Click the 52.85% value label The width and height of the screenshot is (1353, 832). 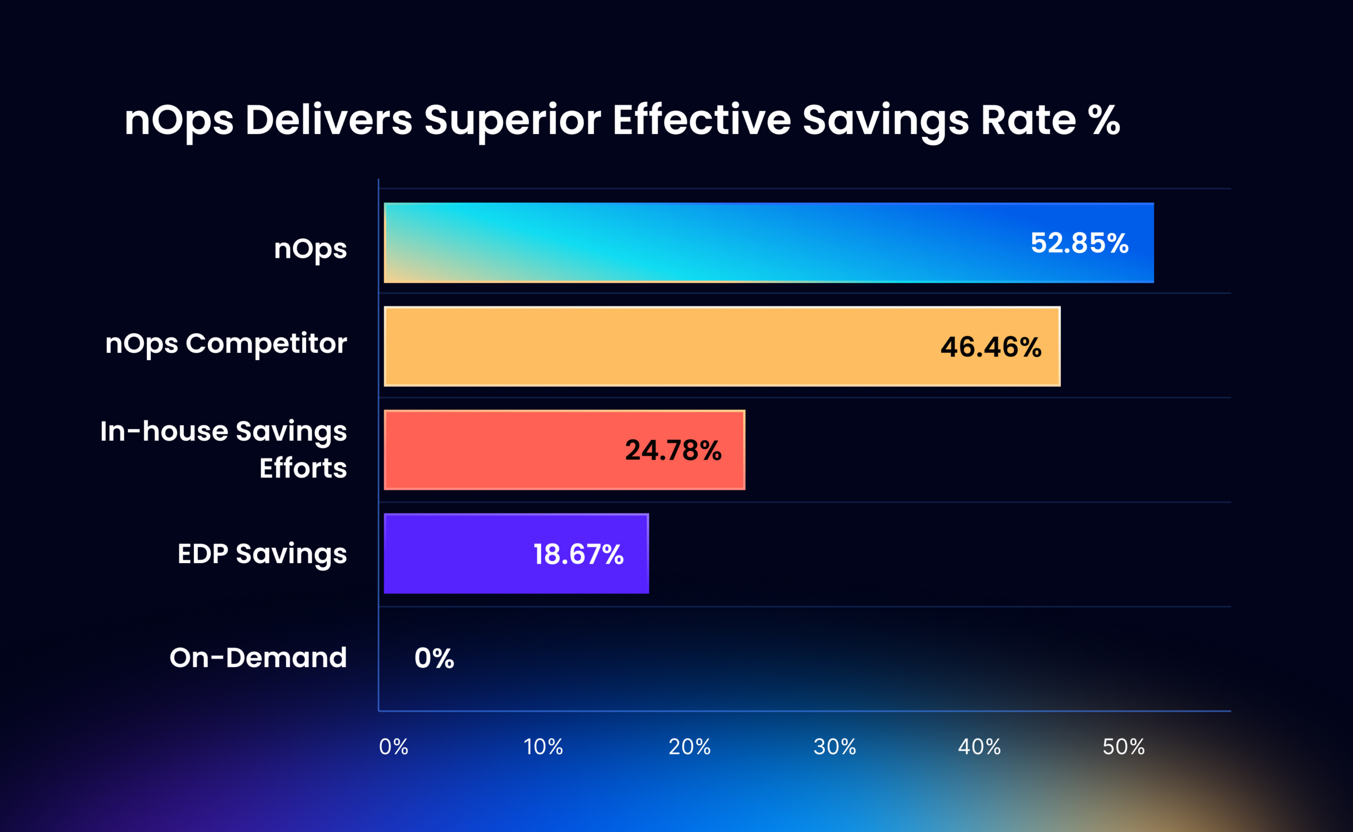[x=1079, y=243]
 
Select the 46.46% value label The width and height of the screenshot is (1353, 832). [x=991, y=347]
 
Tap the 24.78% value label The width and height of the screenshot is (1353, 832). [x=673, y=451]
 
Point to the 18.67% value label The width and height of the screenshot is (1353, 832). [x=578, y=554]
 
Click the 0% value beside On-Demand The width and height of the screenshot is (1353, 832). [x=434, y=658]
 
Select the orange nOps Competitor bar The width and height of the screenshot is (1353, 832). [x=661, y=347]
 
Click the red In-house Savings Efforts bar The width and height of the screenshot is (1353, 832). [x=495, y=450]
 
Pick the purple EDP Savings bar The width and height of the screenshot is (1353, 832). [x=451, y=554]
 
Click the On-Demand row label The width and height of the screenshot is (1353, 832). [x=258, y=658]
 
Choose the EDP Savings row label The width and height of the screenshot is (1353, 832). [x=262, y=554]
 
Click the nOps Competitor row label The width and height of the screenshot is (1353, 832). [x=226, y=344]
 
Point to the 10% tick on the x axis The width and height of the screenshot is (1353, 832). [x=543, y=747]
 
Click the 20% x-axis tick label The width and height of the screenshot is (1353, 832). [x=689, y=747]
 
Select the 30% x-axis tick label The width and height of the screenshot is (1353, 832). [x=835, y=747]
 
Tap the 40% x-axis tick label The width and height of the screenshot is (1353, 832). [x=979, y=747]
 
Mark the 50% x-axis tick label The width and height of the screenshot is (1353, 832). [x=1123, y=747]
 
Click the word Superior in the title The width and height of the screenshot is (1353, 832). [x=513, y=120]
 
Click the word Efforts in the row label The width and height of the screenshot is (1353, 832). [x=303, y=468]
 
